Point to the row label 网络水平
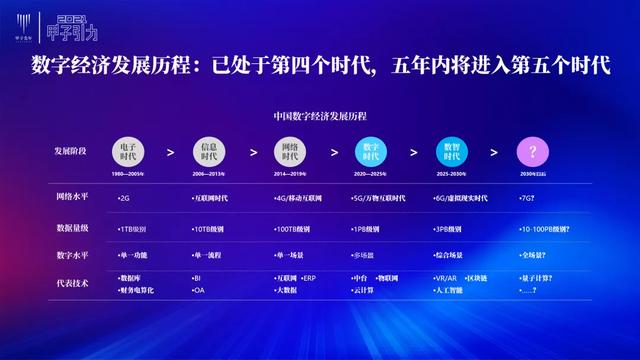coord(73,198)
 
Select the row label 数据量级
coord(73,228)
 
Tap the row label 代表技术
coord(73,283)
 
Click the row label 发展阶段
coord(71,151)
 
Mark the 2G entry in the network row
coord(124,199)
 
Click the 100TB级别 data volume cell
coord(295,229)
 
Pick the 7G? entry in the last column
coord(525,199)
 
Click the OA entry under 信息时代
coord(200,290)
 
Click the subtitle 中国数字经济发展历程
coord(320,116)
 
